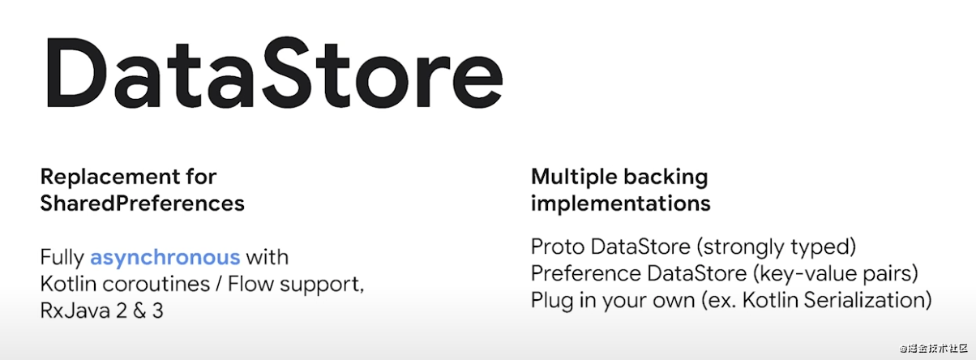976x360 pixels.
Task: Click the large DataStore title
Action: tap(275, 72)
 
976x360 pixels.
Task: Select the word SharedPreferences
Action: tap(143, 204)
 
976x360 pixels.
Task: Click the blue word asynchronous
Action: tap(165, 258)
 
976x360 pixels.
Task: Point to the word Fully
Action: tap(62, 258)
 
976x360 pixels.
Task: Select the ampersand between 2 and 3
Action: tap(139, 311)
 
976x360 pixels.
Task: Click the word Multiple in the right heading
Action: tap(574, 178)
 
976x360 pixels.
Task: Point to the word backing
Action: tap(666, 178)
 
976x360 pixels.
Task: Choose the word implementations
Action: tap(621, 204)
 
